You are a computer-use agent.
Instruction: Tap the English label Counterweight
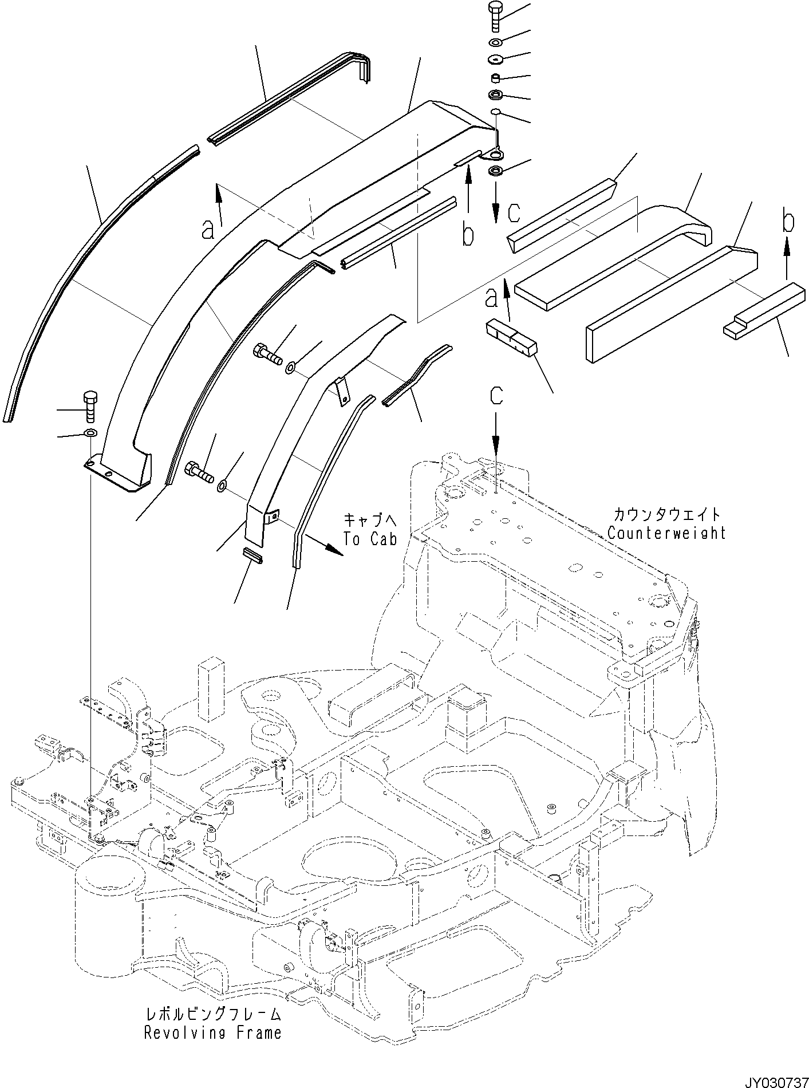click(666, 533)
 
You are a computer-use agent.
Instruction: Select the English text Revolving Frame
click(212, 1032)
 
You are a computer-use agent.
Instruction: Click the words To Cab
click(370, 539)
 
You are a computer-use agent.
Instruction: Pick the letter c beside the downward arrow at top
click(514, 213)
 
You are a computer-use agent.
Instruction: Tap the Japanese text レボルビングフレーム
click(212, 1014)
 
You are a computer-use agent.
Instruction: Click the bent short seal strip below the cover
click(416, 376)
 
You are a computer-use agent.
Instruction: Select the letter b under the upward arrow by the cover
click(468, 235)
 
